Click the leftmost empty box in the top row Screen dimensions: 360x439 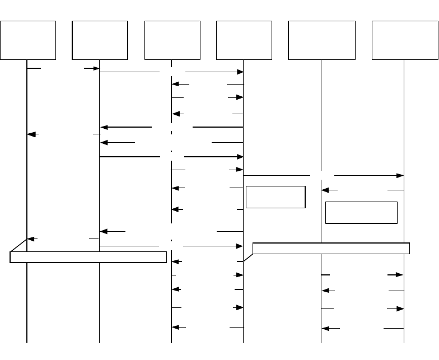coord(28,40)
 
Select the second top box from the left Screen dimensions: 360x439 coord(100,40)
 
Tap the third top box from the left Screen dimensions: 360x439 coord(172,40)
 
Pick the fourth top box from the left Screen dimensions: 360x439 coord(244,40)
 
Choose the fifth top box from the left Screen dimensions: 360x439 coord(321,40)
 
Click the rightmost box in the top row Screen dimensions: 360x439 coord(404,40)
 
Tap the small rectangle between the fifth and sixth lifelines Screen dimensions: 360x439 coord(361,213)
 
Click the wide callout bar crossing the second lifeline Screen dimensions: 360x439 coord(89,258)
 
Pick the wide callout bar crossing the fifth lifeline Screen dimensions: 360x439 coord(331,248)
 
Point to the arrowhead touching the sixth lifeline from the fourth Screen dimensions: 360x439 coord(400,176)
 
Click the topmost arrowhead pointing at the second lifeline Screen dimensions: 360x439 coord(95,69)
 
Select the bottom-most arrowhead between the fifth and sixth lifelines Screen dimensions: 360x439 coord(326,328)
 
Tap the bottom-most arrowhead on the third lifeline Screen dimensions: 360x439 coord(175,327)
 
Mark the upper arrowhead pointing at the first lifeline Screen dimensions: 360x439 coord(32,134)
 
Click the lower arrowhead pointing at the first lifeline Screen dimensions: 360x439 coord(32,239)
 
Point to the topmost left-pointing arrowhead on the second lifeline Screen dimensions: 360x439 coord(104,128)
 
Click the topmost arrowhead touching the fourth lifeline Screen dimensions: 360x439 coord(240,72)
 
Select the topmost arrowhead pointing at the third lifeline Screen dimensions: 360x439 coord(175,85)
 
